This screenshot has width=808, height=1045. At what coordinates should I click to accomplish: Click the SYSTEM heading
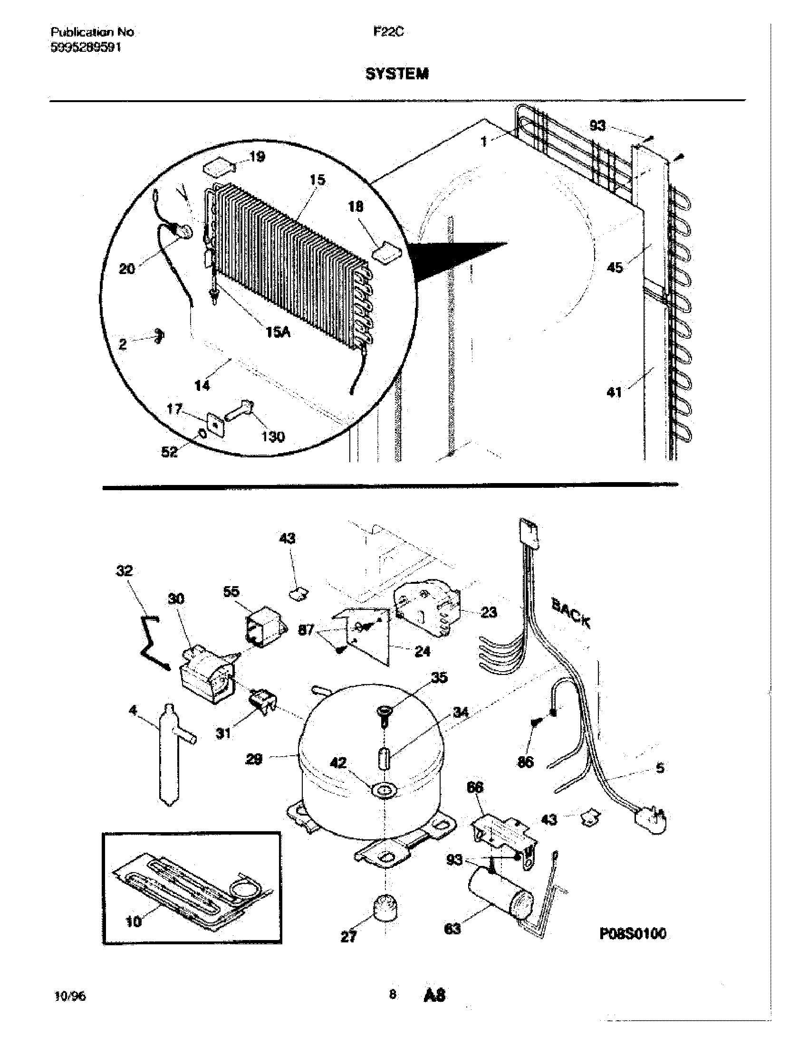(397, 74)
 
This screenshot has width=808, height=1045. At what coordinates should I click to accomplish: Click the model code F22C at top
(388, 31)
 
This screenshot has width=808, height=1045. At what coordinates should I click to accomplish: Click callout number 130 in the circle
(273, 437)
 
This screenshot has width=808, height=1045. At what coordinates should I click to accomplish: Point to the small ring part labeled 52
(202, 434)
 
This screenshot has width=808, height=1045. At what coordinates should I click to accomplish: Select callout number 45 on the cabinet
(615, 267)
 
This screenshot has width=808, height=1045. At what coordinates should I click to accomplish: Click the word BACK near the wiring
(570, 612)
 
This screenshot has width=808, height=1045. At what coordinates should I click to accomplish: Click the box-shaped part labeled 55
(263, 627)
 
